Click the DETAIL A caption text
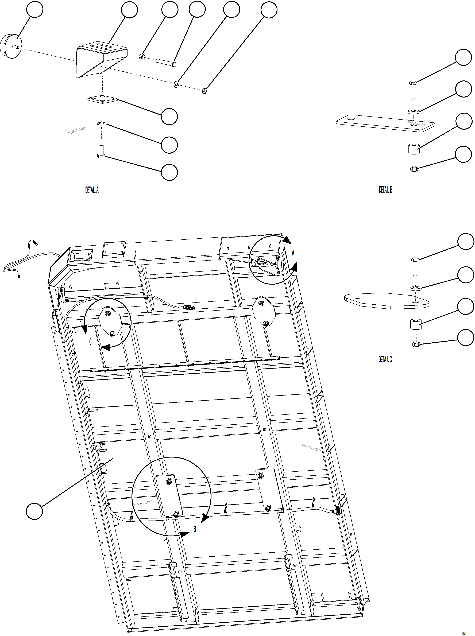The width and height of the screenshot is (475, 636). (x=92, y=190)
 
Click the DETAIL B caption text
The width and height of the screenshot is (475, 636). (x=385, y=189)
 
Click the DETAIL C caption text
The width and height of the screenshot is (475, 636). (x=385, y=359)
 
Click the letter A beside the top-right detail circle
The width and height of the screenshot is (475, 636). (x=293, y=253)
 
